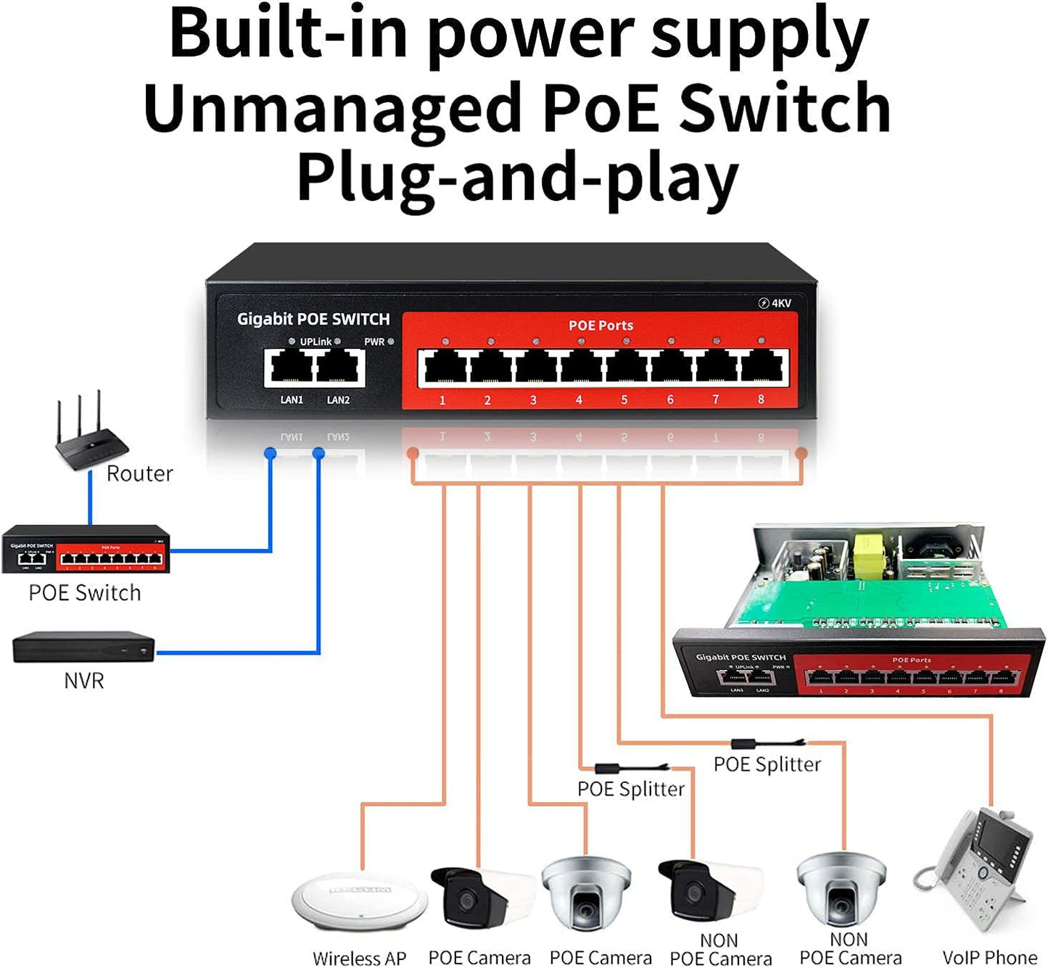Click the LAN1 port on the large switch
(x=291, y=368)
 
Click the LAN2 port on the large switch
(x=339, y=368)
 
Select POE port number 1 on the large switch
(x=443, y=367)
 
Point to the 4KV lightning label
(x=775, y=303)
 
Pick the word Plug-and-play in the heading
(x=517, y=179)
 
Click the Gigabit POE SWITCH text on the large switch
(x=313, y=319)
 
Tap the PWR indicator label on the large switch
(x=374, y=342)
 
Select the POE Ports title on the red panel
(x=601, y=326)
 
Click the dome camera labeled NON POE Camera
(x=841, y=890)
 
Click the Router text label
(x=139, y=474)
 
